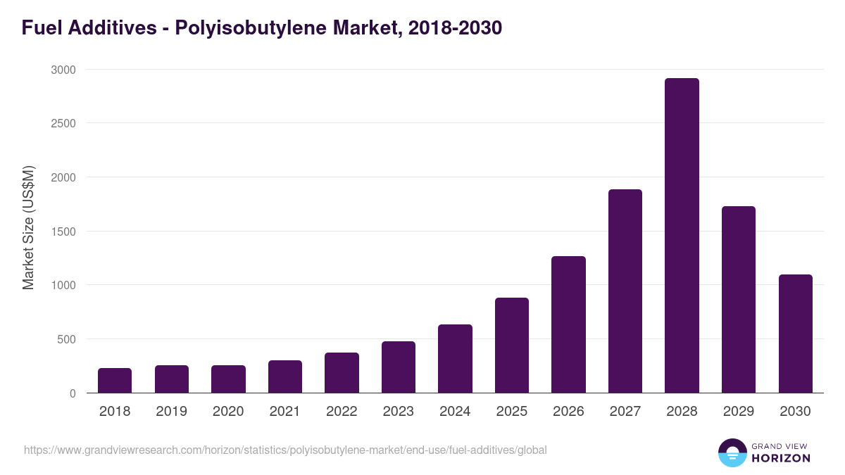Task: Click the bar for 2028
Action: pyautogui.click(x=682, y=236)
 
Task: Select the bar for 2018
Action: pyautogui.click(x=115, y=381)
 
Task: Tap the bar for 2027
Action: pyautogui.click(x=625, y=291)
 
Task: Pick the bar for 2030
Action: pyautogui.click(x=795, y=334)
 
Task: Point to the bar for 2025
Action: pyautogui.click(x=512, y=346)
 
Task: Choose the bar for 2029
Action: pyautogui.click(x=739, y=300)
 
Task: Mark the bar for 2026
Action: pyautogui.click(x=568, y=324)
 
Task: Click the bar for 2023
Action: pyautogui.click(x=399, y=367)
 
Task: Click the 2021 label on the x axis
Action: pyautogui.click(x=285, y=412)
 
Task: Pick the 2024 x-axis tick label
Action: pyautogui.click(x=455, y=412)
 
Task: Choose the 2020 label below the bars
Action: pyautogui.click(x=228, y=412)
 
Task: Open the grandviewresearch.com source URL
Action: pyautogui.click(x=285, y=450)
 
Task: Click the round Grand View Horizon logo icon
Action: pyautogui.click(x=732, y=452)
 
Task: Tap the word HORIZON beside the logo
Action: pyautogui.click(x=781, y=458)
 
